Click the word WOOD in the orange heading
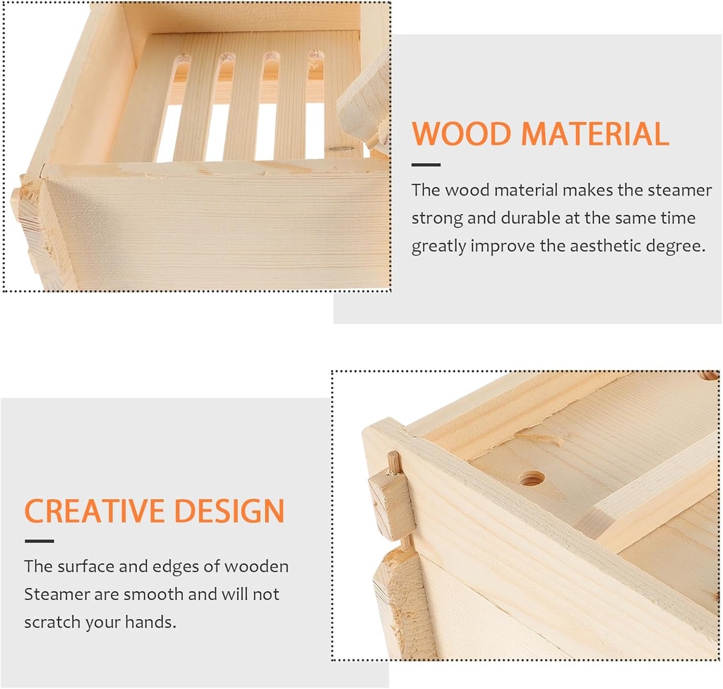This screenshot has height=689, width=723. click(x=460, y=134)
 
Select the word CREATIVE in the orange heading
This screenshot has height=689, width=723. click(x=95, y=510)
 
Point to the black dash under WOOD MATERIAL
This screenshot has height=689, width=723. click(x=426, y=165)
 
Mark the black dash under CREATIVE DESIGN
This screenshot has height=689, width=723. click(x=39, y=541)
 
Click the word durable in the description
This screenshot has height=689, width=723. click(x=529, y=218)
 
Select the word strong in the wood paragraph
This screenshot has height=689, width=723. click(x=436, y=218)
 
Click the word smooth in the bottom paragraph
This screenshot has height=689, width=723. click(x=152, y=594)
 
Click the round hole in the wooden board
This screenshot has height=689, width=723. click(x=532, y=479)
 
